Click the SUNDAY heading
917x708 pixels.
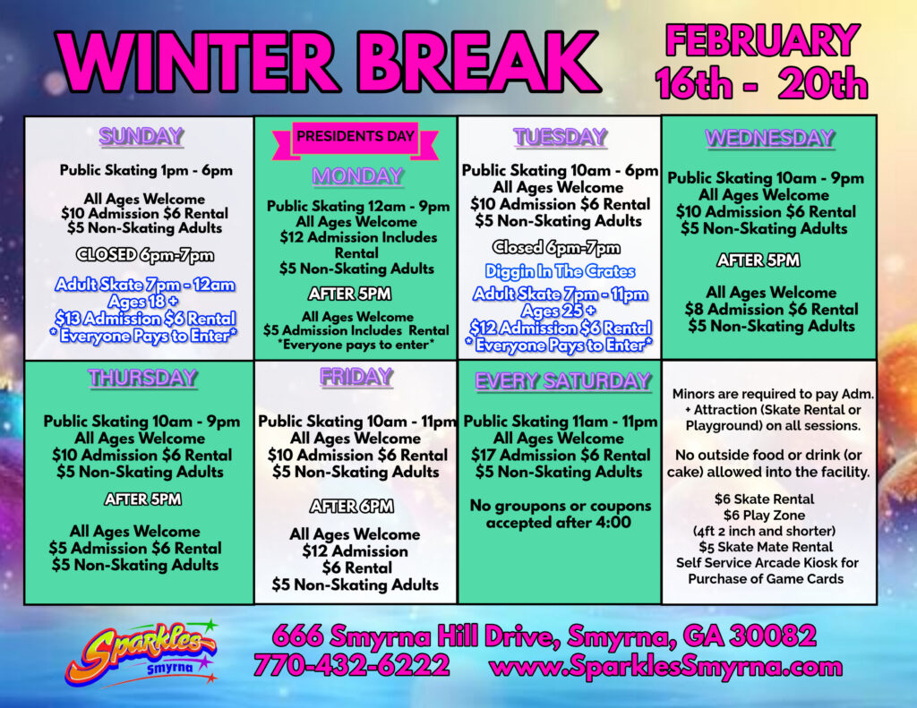pos(141,137)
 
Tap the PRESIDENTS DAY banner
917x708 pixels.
pos(356,139)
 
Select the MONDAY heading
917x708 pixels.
pos(357,176)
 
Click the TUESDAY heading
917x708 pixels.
pos(561,137)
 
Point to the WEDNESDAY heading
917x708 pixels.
pos(769,139)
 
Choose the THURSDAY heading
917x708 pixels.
pos(142,379)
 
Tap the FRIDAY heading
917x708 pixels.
pos(356,377)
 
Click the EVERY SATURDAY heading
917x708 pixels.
pos(562,381)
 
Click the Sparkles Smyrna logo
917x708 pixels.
pos(141,653)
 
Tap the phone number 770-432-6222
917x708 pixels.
pos(351,666)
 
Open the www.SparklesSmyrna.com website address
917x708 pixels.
pos(666,667)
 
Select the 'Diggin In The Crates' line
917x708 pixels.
pos(560,271)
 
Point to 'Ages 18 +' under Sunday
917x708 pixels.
pos(143,302)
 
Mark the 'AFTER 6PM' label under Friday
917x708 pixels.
pos(351,507)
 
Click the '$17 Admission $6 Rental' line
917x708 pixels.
pos(561,455)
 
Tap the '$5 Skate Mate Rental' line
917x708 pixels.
pos(766,547)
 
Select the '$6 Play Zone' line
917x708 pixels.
pos(764,515)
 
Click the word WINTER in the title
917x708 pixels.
pos(196,63)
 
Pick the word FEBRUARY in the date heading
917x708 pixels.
pos(763,41)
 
